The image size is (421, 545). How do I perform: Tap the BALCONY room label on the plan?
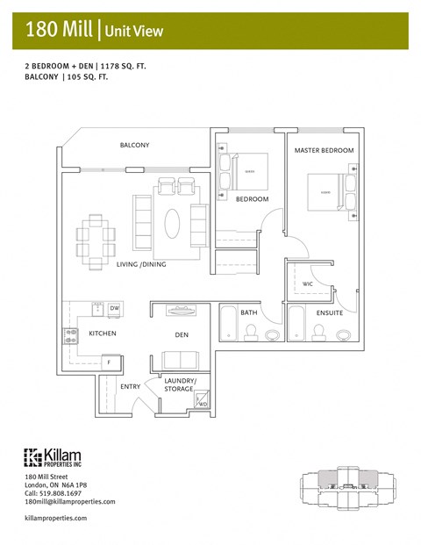(x=134, y=145)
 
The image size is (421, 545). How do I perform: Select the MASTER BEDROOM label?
(x=324, y=151)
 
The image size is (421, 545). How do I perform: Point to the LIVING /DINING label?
(x=140, y=264)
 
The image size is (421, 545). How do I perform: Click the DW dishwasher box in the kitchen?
(x=114, y=309)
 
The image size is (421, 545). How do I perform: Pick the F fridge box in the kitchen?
(x=110, y=362)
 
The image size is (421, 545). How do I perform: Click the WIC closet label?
(x=308, y=284)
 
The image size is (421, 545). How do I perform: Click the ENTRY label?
(x=130, y=386)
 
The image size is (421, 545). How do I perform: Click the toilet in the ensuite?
(x=318, y=331)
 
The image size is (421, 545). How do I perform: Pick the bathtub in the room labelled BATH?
(x=227, y=323)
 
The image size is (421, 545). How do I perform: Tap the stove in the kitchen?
(x=70, y=334)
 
